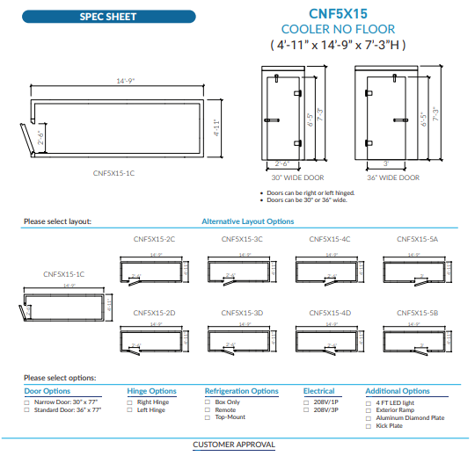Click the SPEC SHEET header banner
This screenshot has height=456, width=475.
pyautogui.click(x=108, y=17)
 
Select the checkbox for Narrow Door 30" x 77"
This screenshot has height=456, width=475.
pyautogui.click(x=27, y=401)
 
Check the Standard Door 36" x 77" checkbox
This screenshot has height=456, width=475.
pyautogui.click(x=27, y=409)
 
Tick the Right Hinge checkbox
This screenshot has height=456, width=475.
pyautogui.click(x=130, y=401)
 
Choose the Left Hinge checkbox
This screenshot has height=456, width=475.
pyautogui.click(x=130, y=409)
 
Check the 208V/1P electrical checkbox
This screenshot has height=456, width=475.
pyautogui.click(x=306, y=401)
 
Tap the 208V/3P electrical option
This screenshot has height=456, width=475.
pyautogui.click(x=306, y=409)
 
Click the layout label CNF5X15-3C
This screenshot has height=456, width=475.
pyautogui.click(x=242, y=239)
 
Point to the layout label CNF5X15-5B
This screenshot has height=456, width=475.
pyautogui.click(x=418, y=313)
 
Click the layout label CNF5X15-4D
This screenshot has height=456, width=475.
pyautogui.click(x=330, y=313)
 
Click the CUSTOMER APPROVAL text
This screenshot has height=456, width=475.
pyautogui.click(x=234, y=445)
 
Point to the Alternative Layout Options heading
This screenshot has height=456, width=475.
pyautogui.click(x=248, y=221)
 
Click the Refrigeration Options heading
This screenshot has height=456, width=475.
pyautogui.click(x=241, y=391)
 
